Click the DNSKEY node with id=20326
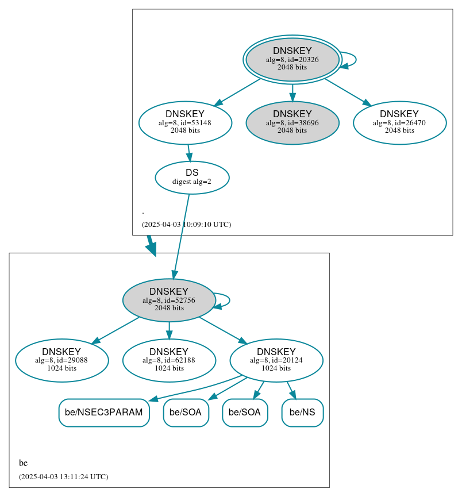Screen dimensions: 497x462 [x=292, y=59]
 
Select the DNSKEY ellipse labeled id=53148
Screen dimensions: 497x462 [x=185, y=122]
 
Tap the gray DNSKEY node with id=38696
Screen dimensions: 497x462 [x=292, y=122]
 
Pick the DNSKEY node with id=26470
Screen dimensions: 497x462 [x=399, y=122]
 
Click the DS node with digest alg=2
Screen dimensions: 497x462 [x=192, y=178]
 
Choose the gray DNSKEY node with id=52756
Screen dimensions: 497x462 [x=169, y=300]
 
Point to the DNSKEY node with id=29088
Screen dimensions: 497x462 [x=61, y=360]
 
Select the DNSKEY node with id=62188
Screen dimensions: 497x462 [x=169, y=360]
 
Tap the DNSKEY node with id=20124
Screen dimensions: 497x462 [x=276, y=360]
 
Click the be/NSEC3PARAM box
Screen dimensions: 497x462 [x=104, y=413]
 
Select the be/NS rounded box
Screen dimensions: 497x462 [x=302, y=413]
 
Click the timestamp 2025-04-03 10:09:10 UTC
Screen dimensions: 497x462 [x=186, y=225]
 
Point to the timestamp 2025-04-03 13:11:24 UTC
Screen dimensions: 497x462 [x=63, y=477]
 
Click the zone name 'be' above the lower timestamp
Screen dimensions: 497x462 [x=23, y=463]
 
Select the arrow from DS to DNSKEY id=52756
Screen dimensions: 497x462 [x=182, y=236]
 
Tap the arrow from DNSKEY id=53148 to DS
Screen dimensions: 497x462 [x=189, y=153]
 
